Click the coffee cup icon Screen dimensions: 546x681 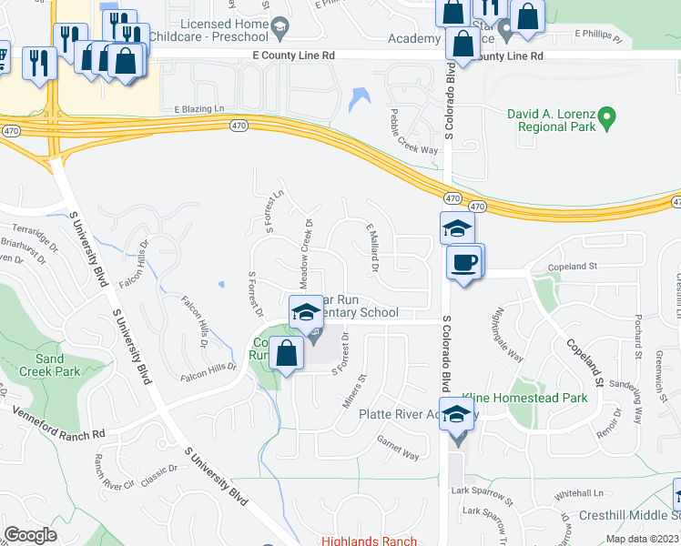(x=464, y=262)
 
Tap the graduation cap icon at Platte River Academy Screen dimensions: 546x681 (x=457, y=414)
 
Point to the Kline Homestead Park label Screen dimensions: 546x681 (x=524, y=398)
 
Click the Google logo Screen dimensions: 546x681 (x=30, y=535)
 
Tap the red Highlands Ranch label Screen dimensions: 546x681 (x=368, y=541)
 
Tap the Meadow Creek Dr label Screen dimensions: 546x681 (x=307, y=250)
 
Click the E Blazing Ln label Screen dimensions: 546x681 (x=199, y=109)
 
